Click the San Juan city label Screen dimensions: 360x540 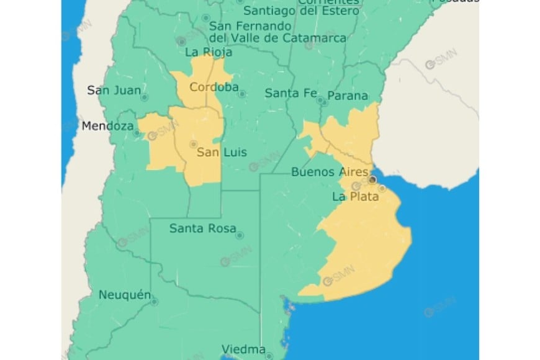click(114, 90)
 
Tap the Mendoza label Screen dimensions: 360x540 click(107, 126)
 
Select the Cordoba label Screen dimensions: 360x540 click(214, 87)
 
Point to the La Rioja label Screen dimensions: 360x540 click(209, 53)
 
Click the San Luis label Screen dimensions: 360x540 click(222, 153)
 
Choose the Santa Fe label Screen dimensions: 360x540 click(290, 94)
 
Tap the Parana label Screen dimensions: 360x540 click(348, 96)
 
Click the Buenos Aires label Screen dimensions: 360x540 click(330, 173)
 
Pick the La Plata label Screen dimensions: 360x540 click(356, 197)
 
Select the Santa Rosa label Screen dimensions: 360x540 click(202, 228)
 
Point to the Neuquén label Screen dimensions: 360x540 click(124, 295)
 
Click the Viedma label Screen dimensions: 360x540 click(244, 349)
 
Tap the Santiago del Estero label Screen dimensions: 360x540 click(301, 11)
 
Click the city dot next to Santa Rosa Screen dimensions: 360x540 click(240, 235)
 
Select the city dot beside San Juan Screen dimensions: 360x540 click(144, 97)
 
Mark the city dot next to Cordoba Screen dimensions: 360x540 click(242, 94)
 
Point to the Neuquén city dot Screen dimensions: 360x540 click(154, 302)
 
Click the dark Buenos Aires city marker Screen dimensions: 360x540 click(372, 179)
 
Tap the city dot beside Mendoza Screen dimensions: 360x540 click(137, 132)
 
